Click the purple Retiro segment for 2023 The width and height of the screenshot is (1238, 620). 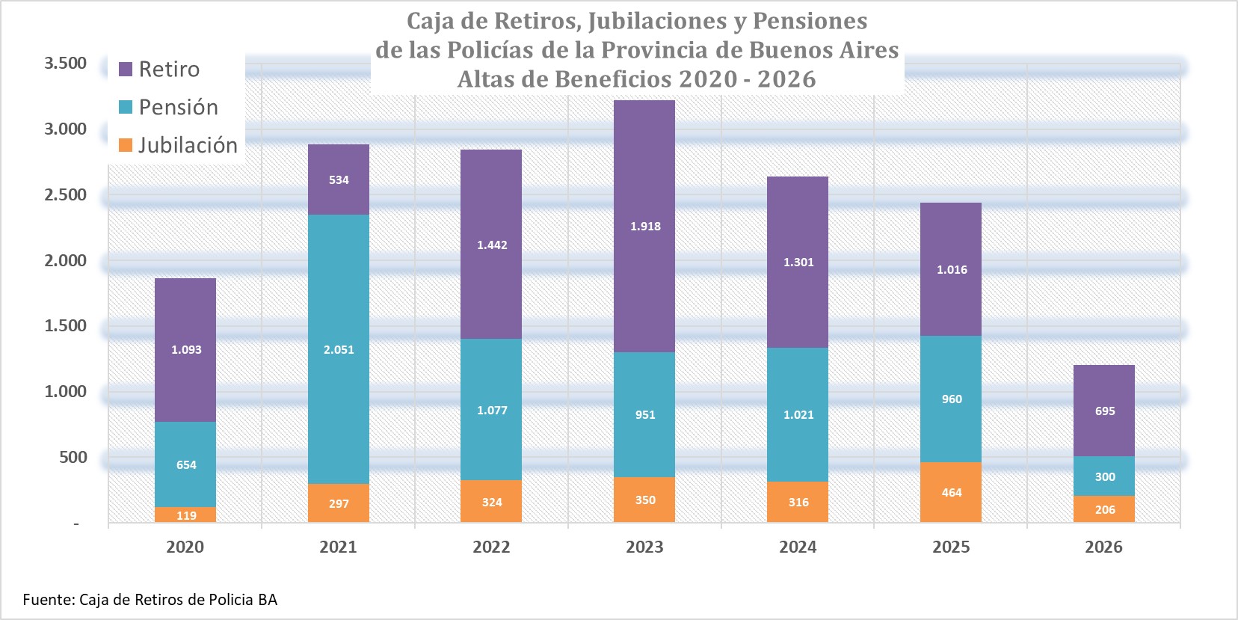click(644, 226)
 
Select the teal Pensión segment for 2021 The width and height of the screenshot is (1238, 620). click(338, 349)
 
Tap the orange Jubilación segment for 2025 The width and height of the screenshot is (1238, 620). click(951, 492)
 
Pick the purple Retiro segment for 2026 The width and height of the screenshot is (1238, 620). click(1103, 411)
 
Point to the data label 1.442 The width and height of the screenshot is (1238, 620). click(492, 245)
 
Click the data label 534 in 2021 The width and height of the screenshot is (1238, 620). click(339, 179)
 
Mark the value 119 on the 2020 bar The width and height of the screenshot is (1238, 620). click(186, 515)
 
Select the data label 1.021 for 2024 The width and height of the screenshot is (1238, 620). click(798, 415)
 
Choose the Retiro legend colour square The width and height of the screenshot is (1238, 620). click(126, 69)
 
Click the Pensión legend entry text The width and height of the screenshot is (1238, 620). click(179, 107)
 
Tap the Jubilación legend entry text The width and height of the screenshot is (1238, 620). click(188, 145)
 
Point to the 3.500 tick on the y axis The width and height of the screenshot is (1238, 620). click(65, 63)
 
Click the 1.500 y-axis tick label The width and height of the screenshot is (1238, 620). click(65, 325)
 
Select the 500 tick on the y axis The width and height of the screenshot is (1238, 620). click(73, 457)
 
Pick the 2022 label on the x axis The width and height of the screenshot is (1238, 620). click(491, 547)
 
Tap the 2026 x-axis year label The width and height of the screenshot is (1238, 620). click(1103, 547)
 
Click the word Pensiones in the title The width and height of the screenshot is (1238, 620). click(810, 21)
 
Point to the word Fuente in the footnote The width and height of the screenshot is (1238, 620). click(48, 600)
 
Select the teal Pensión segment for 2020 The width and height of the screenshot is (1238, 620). click(185, 464)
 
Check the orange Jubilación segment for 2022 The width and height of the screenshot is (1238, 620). click(491, 501)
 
